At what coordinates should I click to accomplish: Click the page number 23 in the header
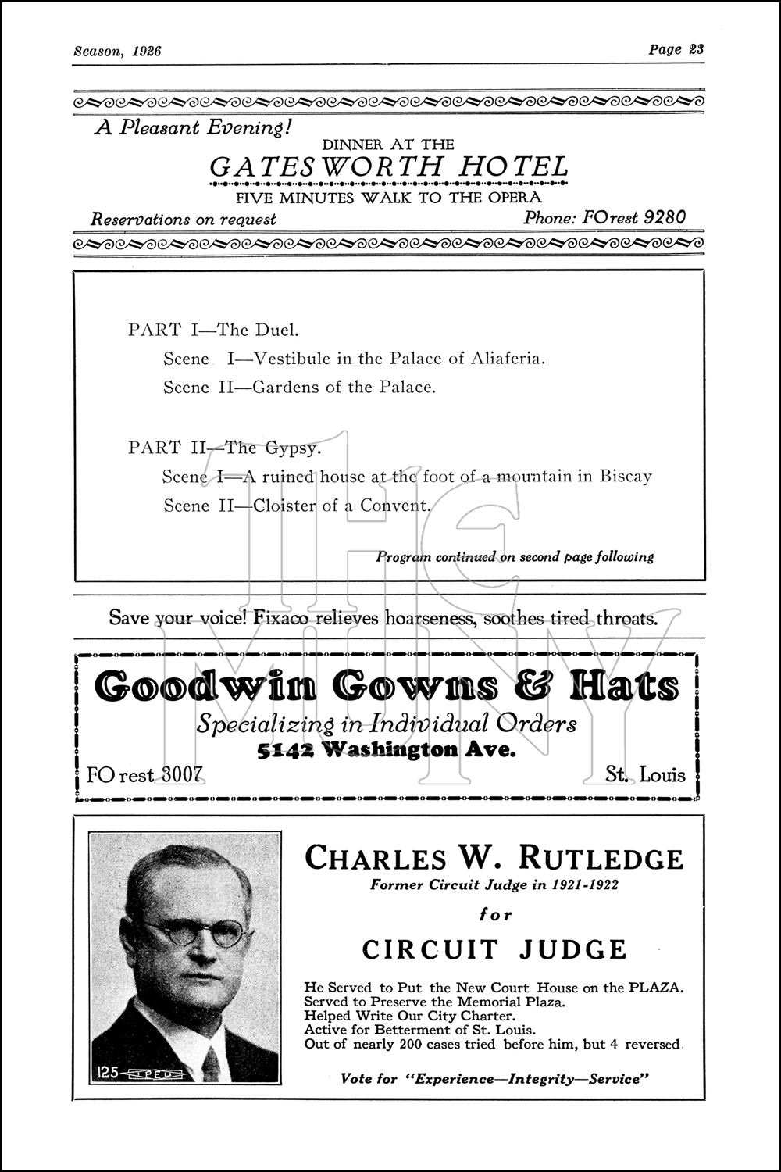696,50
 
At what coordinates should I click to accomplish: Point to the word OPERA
514,197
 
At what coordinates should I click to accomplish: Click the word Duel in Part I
270,330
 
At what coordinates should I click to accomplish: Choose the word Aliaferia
507,359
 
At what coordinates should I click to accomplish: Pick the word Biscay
625,477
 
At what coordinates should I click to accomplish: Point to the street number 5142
287,751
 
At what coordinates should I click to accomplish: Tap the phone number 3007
181,774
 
